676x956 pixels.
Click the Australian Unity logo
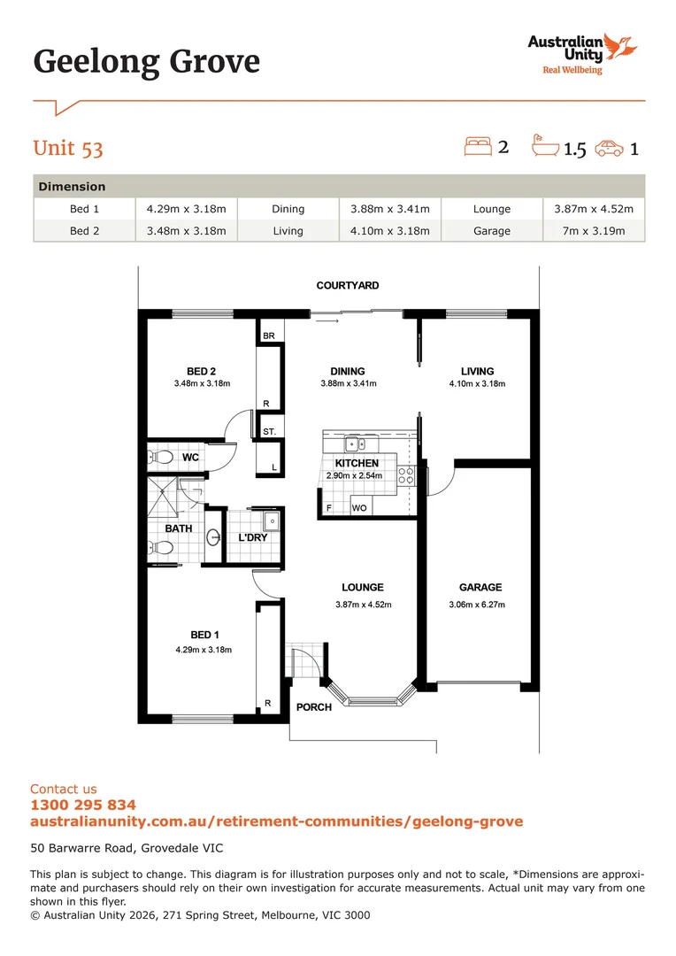coord(581,53)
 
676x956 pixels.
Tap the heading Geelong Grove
coord(147,62)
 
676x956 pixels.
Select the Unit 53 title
coord(68,147)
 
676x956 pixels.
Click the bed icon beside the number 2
coord(478,146)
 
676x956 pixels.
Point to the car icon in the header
coord(609,148)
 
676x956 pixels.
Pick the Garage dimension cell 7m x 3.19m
coord(594,231)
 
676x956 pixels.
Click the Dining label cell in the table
coord(288,209)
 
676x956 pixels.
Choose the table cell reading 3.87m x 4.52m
coord(594,209)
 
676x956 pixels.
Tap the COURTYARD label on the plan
coord(348,286)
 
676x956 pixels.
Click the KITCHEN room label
coord(357,463)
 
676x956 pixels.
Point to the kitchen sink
coord(362,443)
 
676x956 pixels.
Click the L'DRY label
coord(252,537)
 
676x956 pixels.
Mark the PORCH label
coord(314,707)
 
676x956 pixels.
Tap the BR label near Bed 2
coord(268,336)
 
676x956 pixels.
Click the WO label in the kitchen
coord(359,508)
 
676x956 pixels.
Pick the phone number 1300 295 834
coord(83,805)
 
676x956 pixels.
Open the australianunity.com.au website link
coord(276,821)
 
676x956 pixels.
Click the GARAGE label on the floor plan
coord(480,587)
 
